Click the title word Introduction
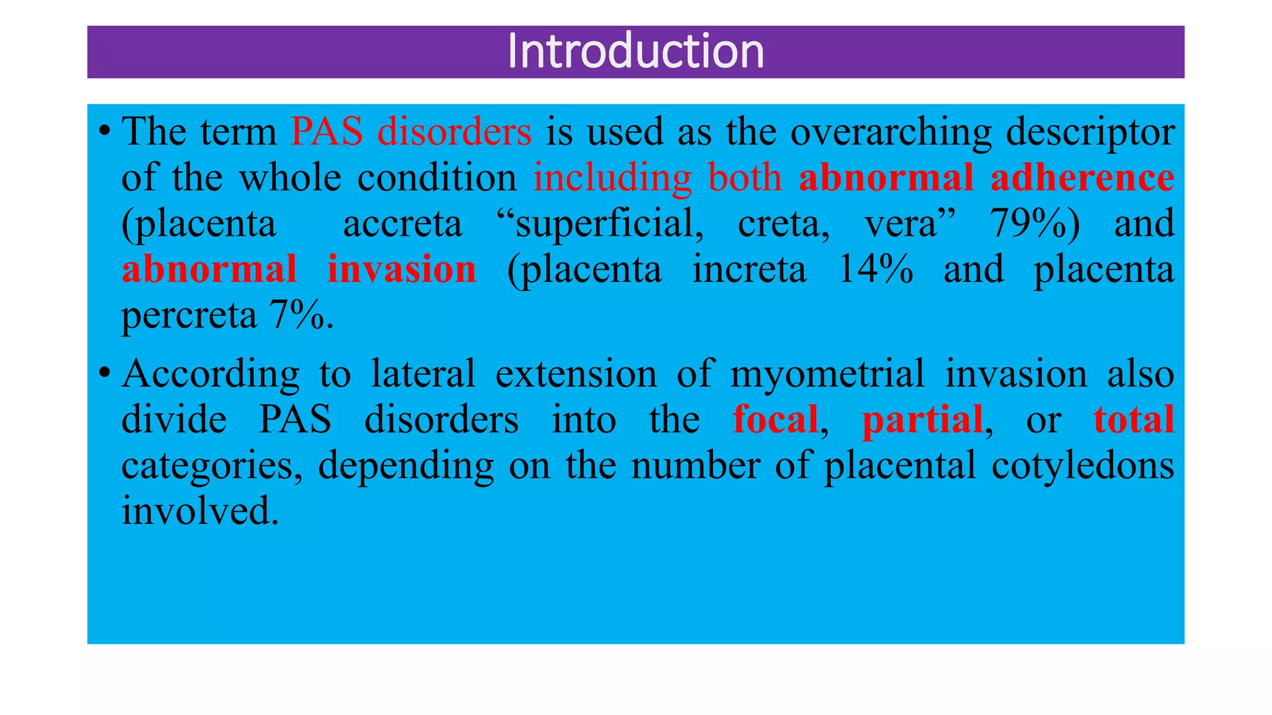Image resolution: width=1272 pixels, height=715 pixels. pos(635,51)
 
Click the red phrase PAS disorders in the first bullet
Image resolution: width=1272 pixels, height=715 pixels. pos(411,132)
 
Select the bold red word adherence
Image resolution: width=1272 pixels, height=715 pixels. pos(1081,178)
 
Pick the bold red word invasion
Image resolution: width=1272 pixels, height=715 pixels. pos(401,269)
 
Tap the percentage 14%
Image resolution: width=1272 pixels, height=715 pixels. pos(875,269)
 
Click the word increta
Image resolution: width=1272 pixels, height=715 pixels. pos(749,269)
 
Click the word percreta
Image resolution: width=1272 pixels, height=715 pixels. pos(189,317)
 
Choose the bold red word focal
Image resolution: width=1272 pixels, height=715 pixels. pos(775,420)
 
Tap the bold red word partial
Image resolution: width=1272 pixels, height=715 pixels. pos(922,420)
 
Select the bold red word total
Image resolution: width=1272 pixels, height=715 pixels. pos(1133,420)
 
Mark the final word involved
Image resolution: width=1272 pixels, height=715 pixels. pos(199,511)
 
